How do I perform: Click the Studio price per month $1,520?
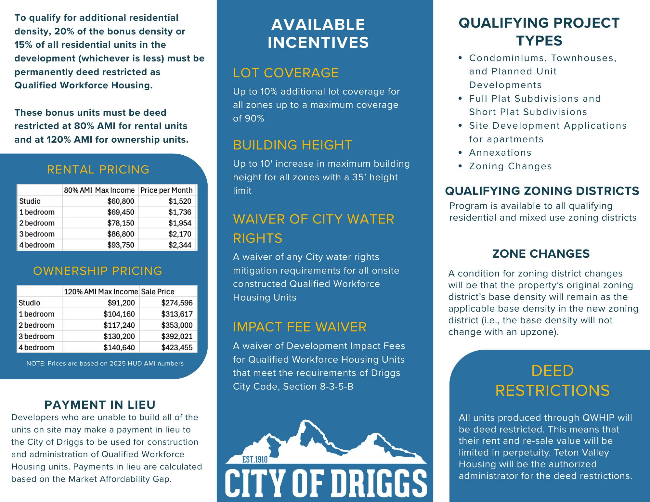pyautogui.click(x=180, y=201)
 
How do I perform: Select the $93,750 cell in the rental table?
pyautogui.click(x=121, y=245)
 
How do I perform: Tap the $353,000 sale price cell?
pyautogui.click(x=177, y=325)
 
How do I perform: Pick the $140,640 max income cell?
pyautogui.click(x=119, y=347)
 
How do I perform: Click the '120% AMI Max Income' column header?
pyautogui.click(x=101, y=291)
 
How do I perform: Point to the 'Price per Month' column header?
pyautogui.click(x=166, y=190)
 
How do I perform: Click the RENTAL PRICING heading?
pyautogui.click(x=98, y=170)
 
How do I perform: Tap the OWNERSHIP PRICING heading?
pyautogui.click(x=97, y=271)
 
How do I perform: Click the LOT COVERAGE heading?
pyautogui.click(x=286, y=73)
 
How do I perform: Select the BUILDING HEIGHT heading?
pyautogui.click(x=292, y=145)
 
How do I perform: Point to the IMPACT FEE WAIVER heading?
pyautogui.click(x=300, y=327)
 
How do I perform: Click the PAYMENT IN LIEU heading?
pyautogui.click(x=100, y=405)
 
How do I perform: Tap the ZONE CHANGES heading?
pyautogui.click(x=541, y=254)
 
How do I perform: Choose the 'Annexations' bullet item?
pyautogui.click(x=500, y=153)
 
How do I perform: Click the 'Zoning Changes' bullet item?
pyautogui.click(x=510, y=166)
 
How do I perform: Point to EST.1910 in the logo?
pyautogui.click(x=255, y=459)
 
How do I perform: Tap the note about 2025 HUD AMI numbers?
pyautogui.click(x=105, y=363)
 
